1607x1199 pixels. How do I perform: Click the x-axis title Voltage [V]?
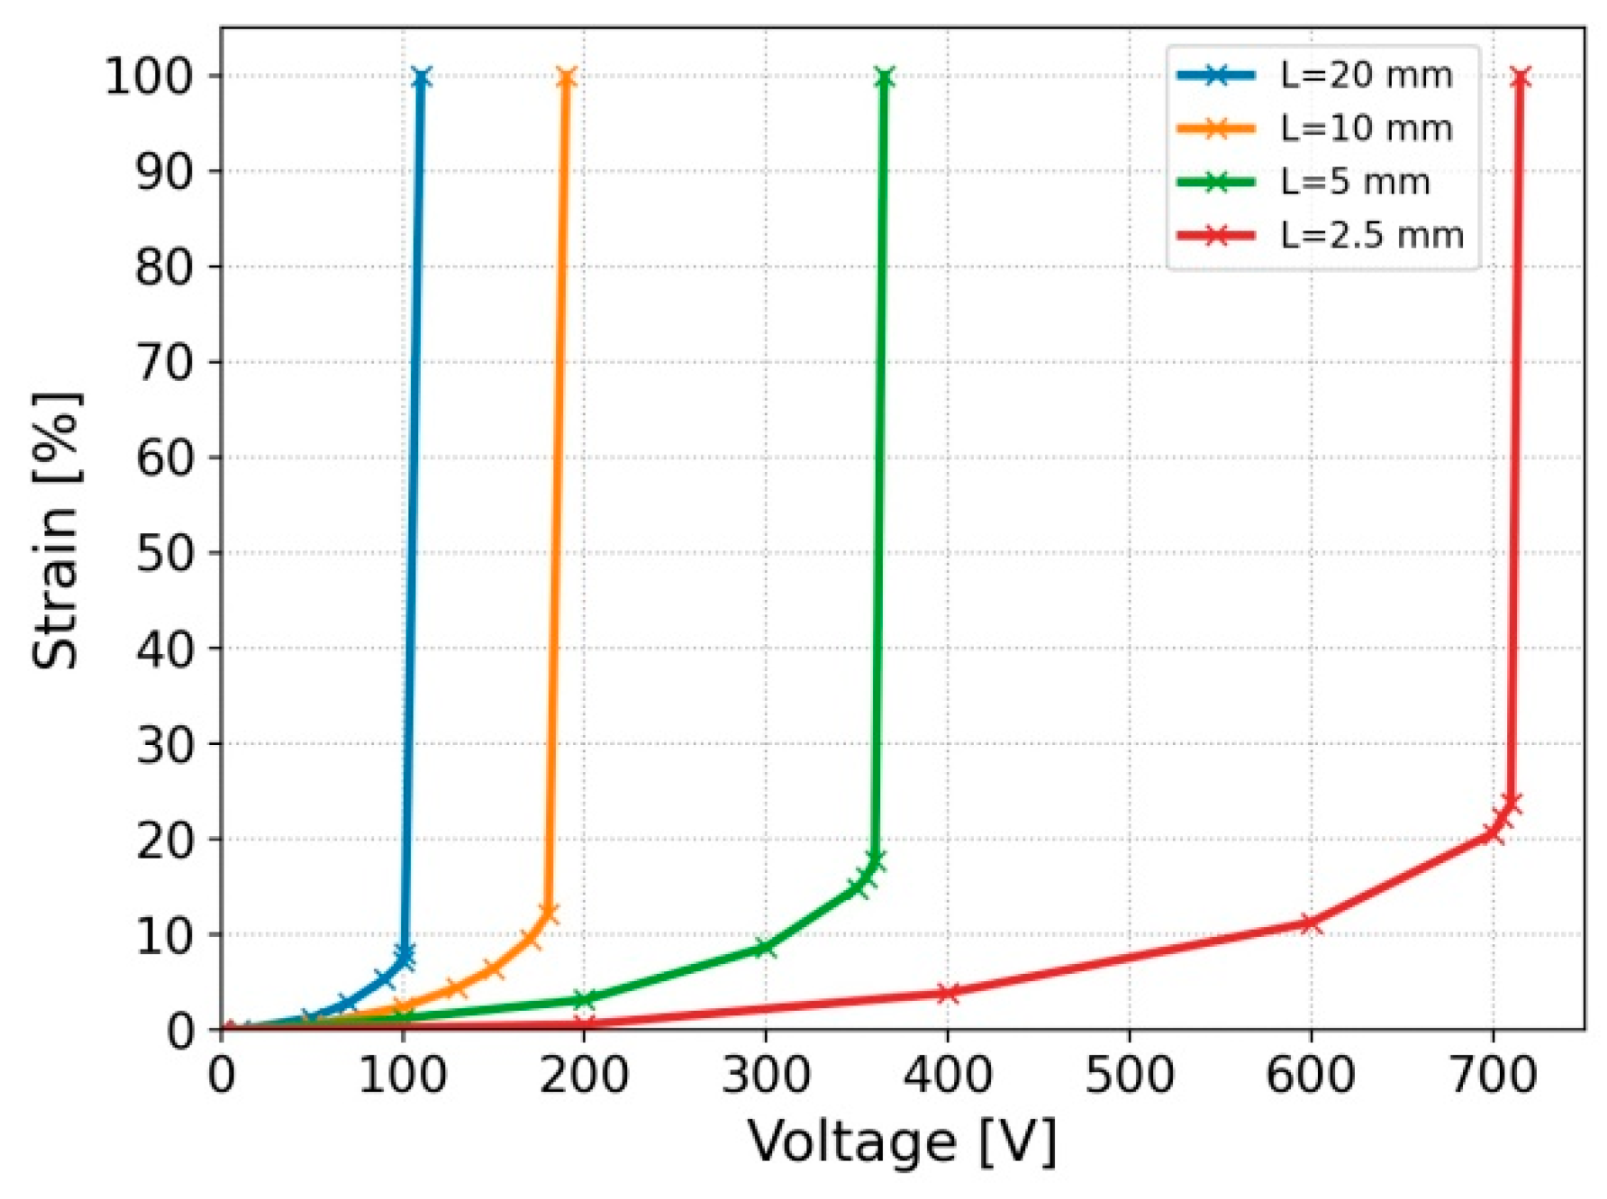pyautogui.click(x=901, y=1142)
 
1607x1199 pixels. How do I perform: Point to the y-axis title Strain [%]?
pyautogui.click(x=56, y=531)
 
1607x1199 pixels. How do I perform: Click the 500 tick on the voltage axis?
pyautogui.click(x=1129, y=1076)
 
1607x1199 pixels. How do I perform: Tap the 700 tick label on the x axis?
pyautogui.click(x=1493, y=1076)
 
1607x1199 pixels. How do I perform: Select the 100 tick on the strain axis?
pyautogui.click(x=150, y=76)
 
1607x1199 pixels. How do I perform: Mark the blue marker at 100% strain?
pyautogui.click(x=421, y=77)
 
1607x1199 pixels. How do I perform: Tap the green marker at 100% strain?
pyautogui.click(x=884, y=77)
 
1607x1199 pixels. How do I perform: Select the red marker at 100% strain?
pyautogui.click(x=1521, y=77)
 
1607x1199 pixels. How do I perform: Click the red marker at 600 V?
pyautogui.click(x=1311, y=922)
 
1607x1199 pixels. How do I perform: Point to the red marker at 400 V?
pyautogui.click(x=948, y=993)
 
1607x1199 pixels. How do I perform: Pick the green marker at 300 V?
pyautogui.click(x=765, y=947)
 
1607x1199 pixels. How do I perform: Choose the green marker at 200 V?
pyautogui.click(x=584, y=1000)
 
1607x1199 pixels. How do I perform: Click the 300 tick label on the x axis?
pyautogui.click(x=765, y=1076)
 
